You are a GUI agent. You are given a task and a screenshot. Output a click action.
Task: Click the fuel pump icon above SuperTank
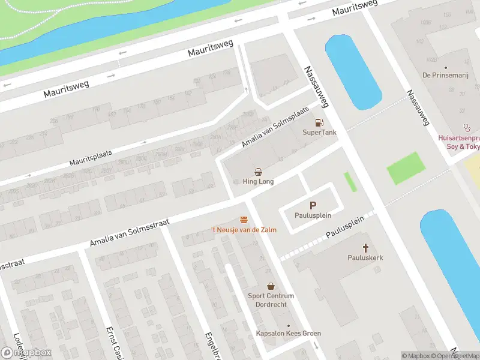310,122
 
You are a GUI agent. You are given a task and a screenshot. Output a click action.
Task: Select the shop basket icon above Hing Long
258,172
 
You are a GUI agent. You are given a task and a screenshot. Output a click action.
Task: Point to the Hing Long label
258,182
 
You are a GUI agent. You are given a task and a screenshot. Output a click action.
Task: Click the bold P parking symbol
313,205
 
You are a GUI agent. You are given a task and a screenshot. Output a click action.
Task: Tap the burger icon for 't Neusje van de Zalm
244,220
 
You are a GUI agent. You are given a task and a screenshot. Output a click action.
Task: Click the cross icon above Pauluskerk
365,247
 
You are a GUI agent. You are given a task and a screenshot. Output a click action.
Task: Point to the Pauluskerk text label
365,257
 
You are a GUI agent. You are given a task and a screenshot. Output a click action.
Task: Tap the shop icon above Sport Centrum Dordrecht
271,286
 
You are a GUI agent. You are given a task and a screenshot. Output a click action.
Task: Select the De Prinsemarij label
445,76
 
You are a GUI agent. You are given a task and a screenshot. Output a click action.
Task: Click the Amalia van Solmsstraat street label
129,233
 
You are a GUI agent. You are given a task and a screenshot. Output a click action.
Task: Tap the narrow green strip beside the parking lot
350,182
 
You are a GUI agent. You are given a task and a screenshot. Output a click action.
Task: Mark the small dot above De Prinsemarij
445,68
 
